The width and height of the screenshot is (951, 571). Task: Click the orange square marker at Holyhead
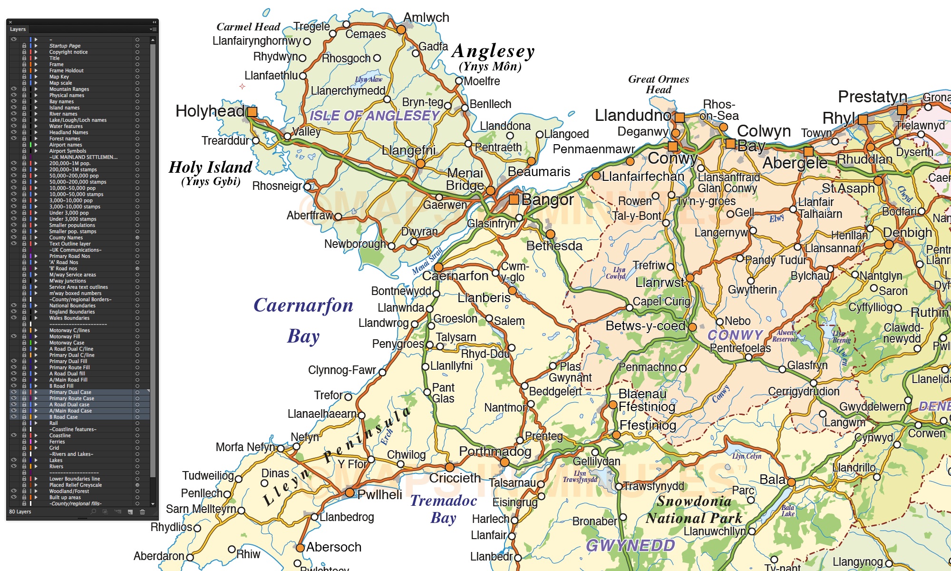pos(252,112)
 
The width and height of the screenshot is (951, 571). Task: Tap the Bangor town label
pos(547,200)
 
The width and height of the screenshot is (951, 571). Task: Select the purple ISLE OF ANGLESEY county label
pos(374,116)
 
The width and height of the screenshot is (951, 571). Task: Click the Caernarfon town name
pos(455,276)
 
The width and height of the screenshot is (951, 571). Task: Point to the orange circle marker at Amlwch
pos(401,30)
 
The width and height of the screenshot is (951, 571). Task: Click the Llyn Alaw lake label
pos(369,79)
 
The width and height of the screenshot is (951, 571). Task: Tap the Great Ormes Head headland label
pos(659,84)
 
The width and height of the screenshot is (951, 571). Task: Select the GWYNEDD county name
pos(630,545)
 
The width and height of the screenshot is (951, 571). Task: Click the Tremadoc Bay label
pos(443,509)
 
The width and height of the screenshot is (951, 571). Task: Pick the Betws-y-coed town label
pos(645,326)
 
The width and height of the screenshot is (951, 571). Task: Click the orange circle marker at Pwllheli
pos(349,492)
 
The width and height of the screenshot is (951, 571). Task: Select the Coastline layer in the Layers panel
pos(60,435)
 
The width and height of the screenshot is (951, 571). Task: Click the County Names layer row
pos(66,237)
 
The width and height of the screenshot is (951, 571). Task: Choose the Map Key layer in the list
pos(59,77)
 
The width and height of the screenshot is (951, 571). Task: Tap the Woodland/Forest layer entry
pos(69,491)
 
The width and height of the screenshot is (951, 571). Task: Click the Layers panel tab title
pos(18,29)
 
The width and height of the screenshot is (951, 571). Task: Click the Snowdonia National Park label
pos(694,509)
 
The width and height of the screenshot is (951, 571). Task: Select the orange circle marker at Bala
pos(791,482)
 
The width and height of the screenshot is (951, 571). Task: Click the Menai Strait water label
pos(427,261)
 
